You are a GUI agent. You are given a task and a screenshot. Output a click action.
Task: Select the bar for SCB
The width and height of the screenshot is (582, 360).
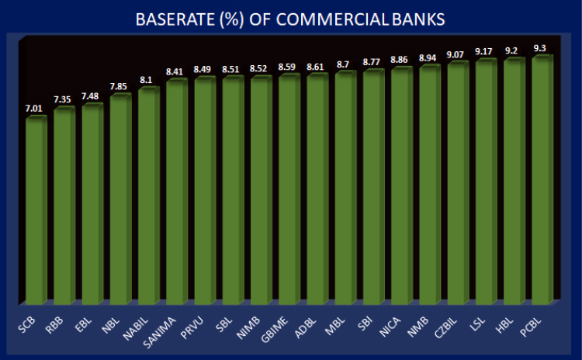coord(36,209)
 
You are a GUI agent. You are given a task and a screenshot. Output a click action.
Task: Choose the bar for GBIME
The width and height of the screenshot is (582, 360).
coord(289,189)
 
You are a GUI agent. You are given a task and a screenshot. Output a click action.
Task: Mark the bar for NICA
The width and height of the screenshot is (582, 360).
coord(401,186)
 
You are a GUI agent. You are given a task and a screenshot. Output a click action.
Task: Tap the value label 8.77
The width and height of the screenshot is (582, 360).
coord(373,63)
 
